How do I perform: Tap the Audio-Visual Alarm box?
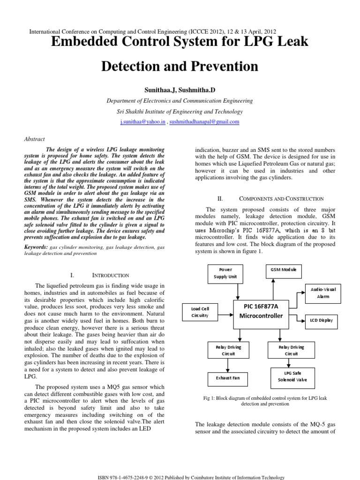pos(323,293)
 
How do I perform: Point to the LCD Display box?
pos(322,321)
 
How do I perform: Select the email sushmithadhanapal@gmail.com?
pos(204,122)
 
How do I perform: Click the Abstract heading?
pos(34,139)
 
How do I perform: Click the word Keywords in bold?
pos(36,247)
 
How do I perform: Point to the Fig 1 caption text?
pos(265,400)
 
